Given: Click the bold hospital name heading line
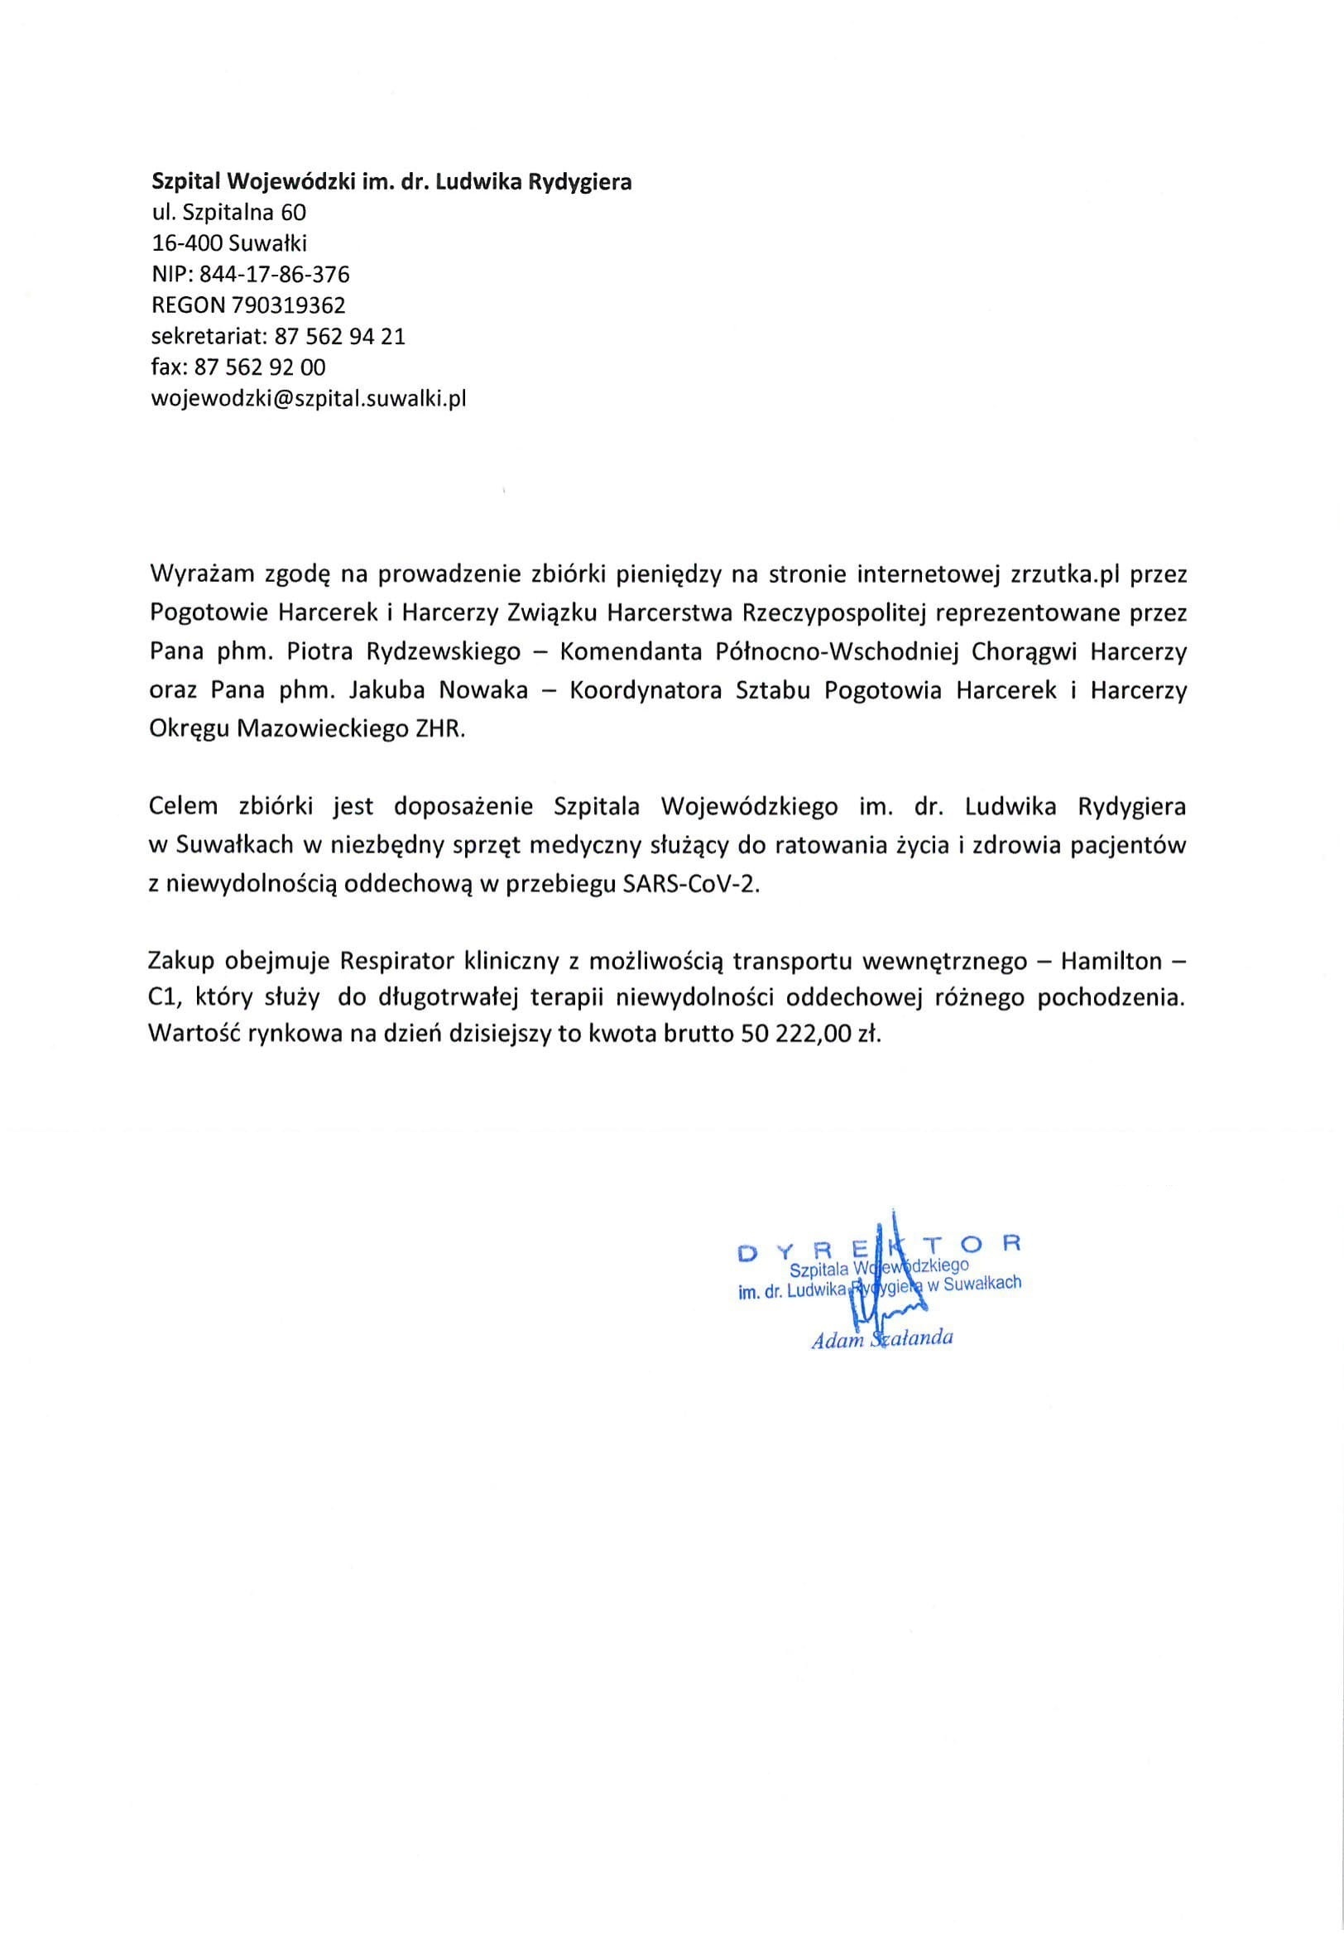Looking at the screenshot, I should pos(391,181).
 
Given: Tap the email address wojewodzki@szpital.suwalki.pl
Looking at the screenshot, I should pos(308,398).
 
